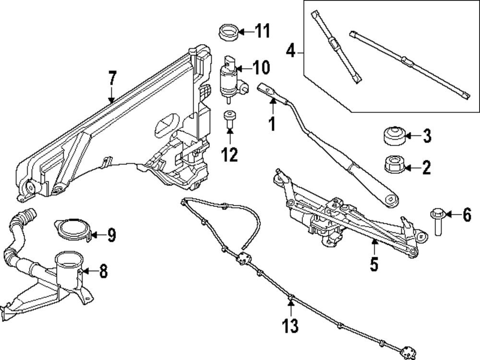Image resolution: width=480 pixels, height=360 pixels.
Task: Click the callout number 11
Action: click(262, 32)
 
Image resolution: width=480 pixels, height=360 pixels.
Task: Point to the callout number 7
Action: click(112, 78)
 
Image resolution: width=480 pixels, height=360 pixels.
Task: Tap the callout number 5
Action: click(374, 264)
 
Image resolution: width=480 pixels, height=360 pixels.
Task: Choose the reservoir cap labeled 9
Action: click(73, 229)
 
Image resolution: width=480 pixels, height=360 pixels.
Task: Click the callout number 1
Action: click(272, 124)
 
